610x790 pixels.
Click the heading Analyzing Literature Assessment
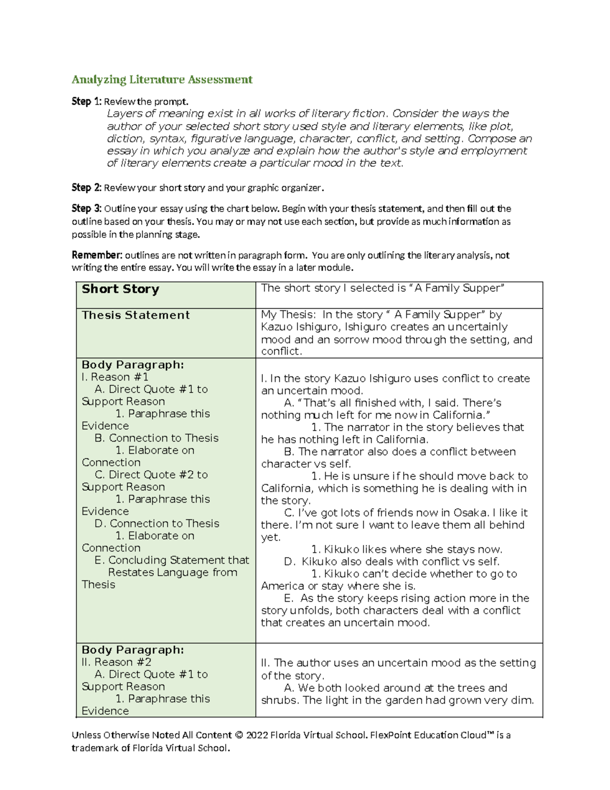(x=162, y=79)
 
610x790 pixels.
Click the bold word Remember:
(x=97, y=255)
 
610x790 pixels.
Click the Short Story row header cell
(x=120, y=289)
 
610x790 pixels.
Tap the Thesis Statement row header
(x=136, y=315)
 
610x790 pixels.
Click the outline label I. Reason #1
(x=115, y=377)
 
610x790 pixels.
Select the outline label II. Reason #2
(x=116, y=662)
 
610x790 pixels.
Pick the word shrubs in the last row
(x=280, y=700)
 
